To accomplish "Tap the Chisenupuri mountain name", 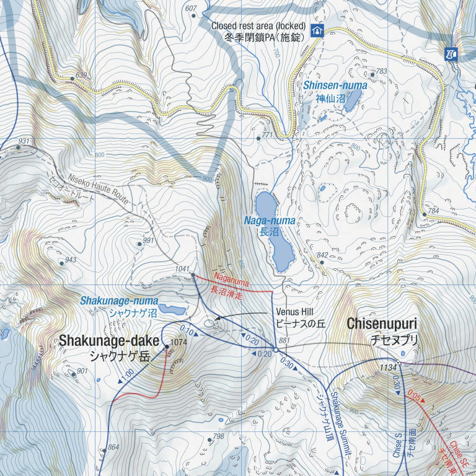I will [x=382, y=324].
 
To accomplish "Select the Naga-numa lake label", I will [x=270, y=221].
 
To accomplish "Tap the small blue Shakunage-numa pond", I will [x=172, y=309].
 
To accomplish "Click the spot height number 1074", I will [x=178, y=342].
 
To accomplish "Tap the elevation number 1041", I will [x=182, y=268].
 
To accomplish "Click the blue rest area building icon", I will [x=317, y=31].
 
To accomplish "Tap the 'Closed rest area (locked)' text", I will [x=258, y=26].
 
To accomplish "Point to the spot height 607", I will [x=190, y=8].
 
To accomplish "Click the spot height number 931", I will [x=24, y=141].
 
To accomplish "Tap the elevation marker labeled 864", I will [x=113, y=447].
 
